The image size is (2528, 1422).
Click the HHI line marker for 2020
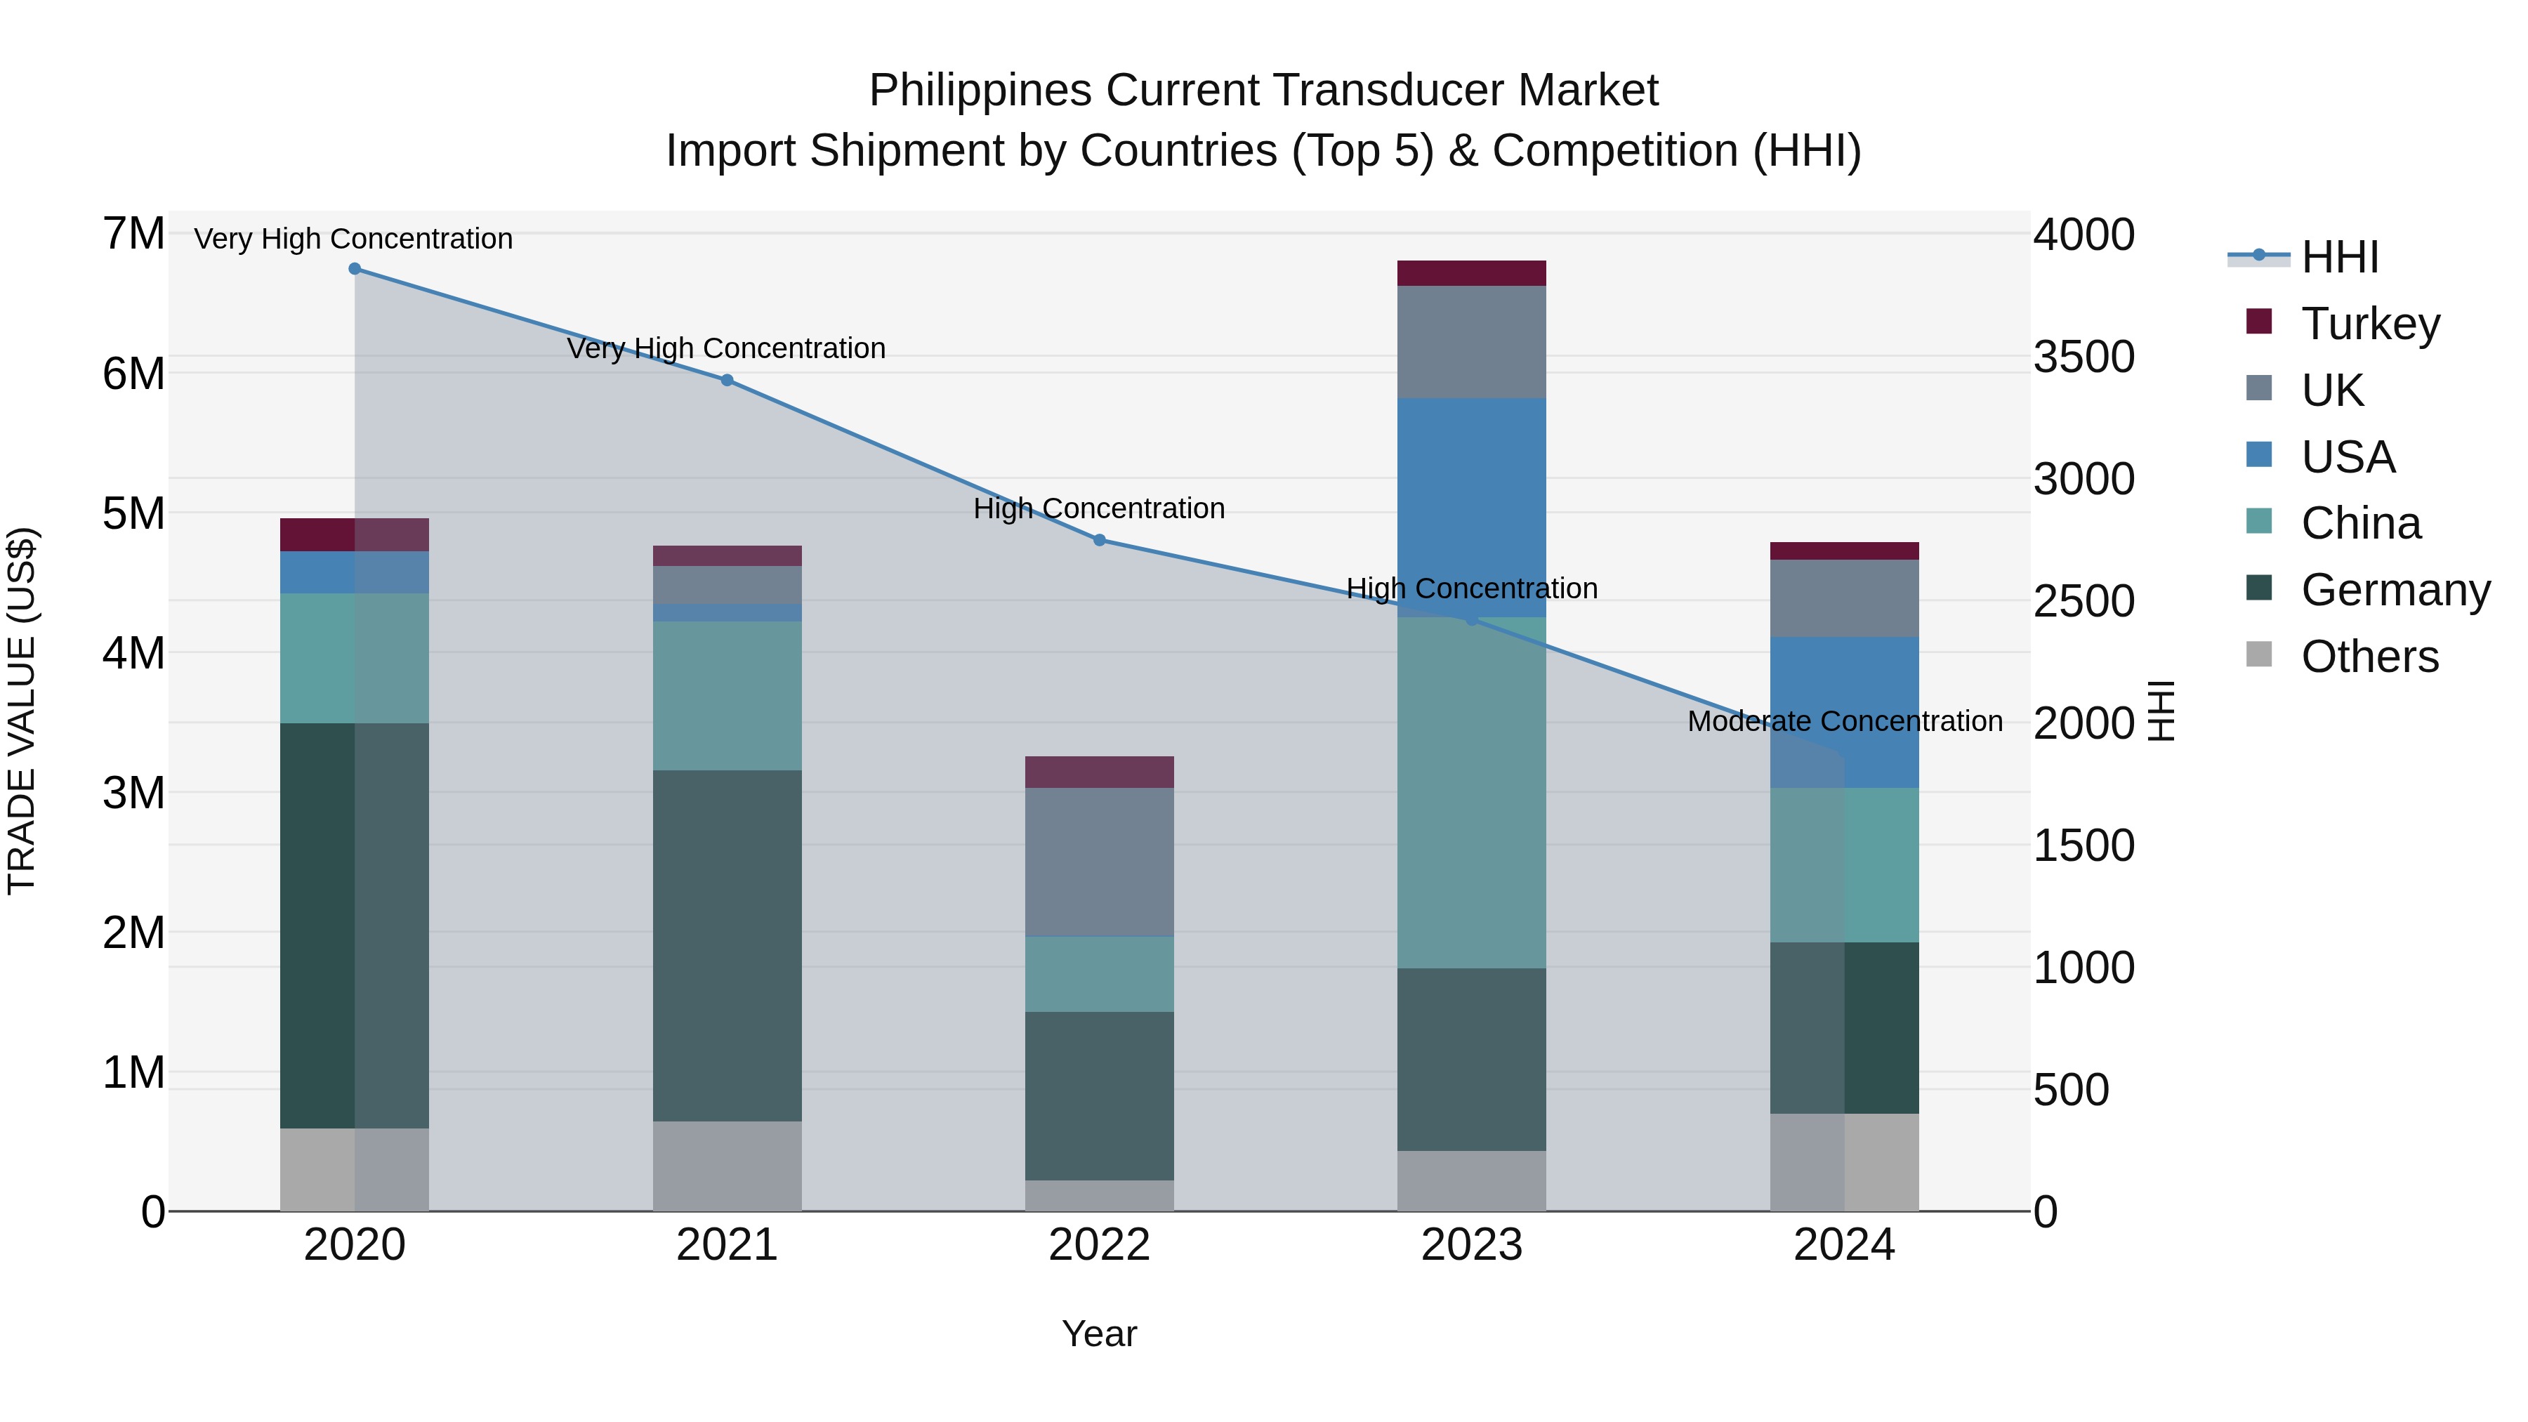[355, 269]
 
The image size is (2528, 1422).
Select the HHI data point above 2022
[1099, 540]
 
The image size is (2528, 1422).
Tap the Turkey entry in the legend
[2369, 324]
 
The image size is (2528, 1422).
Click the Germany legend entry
[2395, 590]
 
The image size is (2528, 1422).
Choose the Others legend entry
[2369, 657]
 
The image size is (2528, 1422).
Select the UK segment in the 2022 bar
[1099, 862]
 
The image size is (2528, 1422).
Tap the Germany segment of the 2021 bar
[728, 945]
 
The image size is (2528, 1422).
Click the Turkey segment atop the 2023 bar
[1471, 273]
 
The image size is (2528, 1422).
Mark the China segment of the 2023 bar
[1471, 792]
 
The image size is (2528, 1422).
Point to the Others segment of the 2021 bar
[728, 1165]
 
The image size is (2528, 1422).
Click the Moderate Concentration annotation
[1844, 721]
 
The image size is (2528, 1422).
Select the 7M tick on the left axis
[133, 235]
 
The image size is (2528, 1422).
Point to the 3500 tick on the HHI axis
[2083, 357]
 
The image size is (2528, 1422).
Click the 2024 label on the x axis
[1844, 1245]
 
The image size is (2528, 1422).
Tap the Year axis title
[1099, 1334]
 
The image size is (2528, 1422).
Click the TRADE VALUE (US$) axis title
[22, 711]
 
